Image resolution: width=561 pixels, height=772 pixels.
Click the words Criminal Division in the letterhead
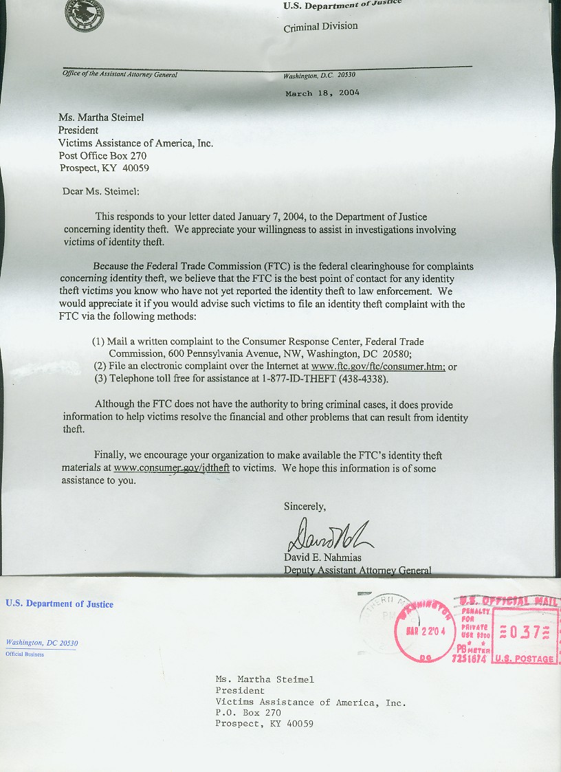click(x=320, y=27)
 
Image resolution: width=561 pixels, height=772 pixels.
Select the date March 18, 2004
click(x=322, y=93)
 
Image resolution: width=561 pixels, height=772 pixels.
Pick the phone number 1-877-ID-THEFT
click(x=297, y=379)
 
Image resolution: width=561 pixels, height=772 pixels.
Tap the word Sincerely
click(x=305, y=507)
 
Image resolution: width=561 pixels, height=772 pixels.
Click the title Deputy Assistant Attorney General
click(x=357, y=570)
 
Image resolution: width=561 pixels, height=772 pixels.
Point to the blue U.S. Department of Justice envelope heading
click(x=59, y=604)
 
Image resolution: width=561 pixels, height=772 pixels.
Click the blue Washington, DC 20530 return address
click(x=41, y=643)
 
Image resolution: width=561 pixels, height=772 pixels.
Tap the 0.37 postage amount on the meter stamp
click(x=527, y=632)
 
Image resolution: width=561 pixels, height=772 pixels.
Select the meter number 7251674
click(x=470, y=659)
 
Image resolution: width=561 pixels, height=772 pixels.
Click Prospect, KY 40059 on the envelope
click(x=264, y=723)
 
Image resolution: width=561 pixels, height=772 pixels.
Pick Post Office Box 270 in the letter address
click(x=102, y=156)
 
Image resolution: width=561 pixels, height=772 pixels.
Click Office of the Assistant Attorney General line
click(x=120, y=74)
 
